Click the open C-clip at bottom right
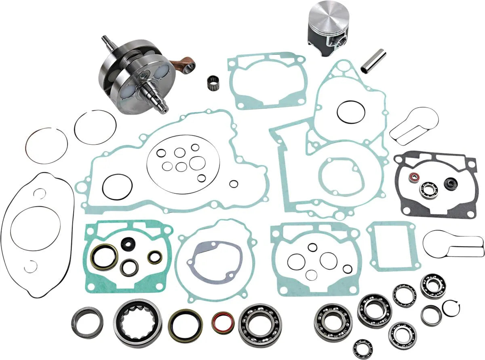click(x=451, y=309)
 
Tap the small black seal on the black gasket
click(x=448, y=183)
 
